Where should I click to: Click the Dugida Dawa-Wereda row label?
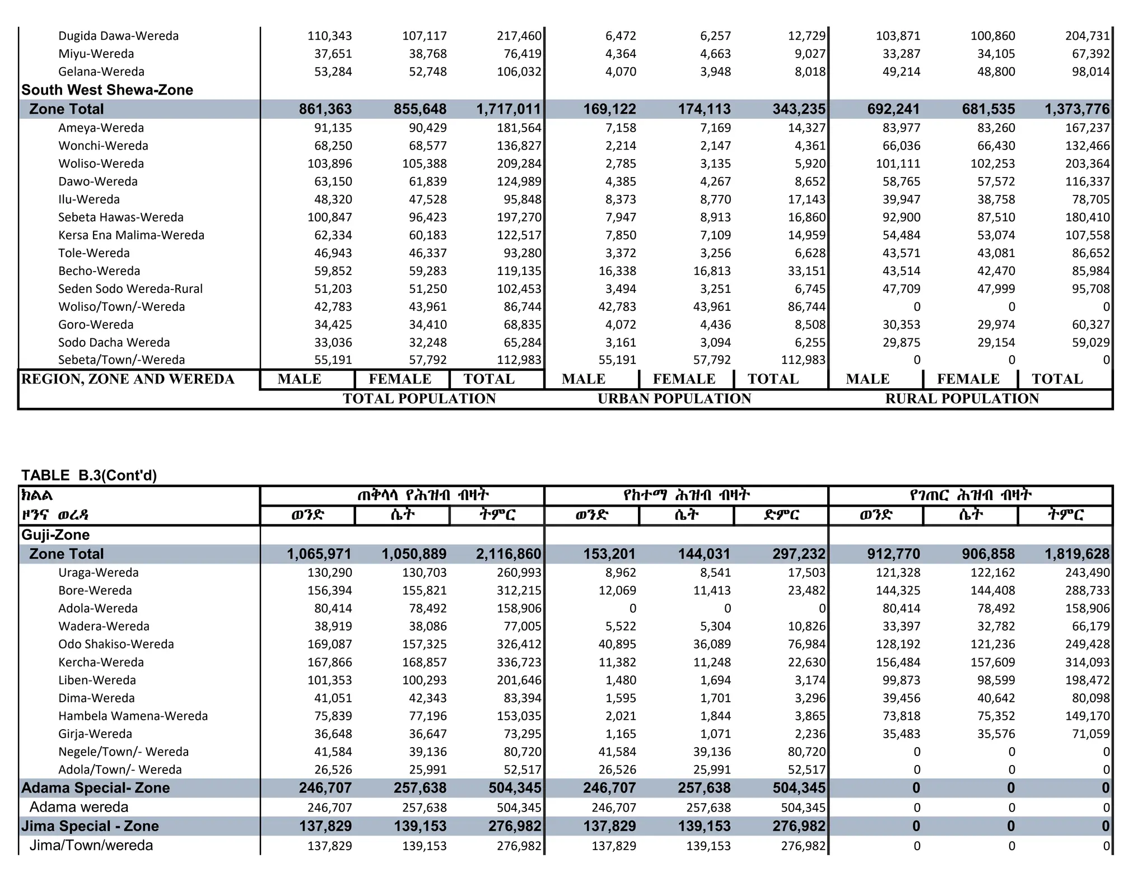click(118, 36)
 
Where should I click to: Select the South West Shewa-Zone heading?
click(107, 90)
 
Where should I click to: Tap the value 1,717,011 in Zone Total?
click(509, 109)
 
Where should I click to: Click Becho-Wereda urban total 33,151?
click(806, 271)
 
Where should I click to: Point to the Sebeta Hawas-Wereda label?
click(120, 217)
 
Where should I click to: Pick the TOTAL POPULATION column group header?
click(419, 399)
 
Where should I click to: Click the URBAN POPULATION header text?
click(674, 399)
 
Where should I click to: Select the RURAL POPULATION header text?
click(962, 399)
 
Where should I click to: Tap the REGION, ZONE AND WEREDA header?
click(128, 379)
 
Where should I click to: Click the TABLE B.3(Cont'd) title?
click(89, 475)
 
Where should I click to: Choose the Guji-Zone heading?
click(55, 535)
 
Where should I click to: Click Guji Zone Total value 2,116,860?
click(509, 554)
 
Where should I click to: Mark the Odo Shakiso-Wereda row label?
click(116, 644)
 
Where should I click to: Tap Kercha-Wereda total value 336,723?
click(519, 662)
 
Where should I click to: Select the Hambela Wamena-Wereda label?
click(133, 716)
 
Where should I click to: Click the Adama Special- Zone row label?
click(96, 788)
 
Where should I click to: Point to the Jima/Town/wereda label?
click(91, 845)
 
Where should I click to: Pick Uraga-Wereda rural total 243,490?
click(1087, 572)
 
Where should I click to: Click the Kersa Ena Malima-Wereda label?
click(131, 235)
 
